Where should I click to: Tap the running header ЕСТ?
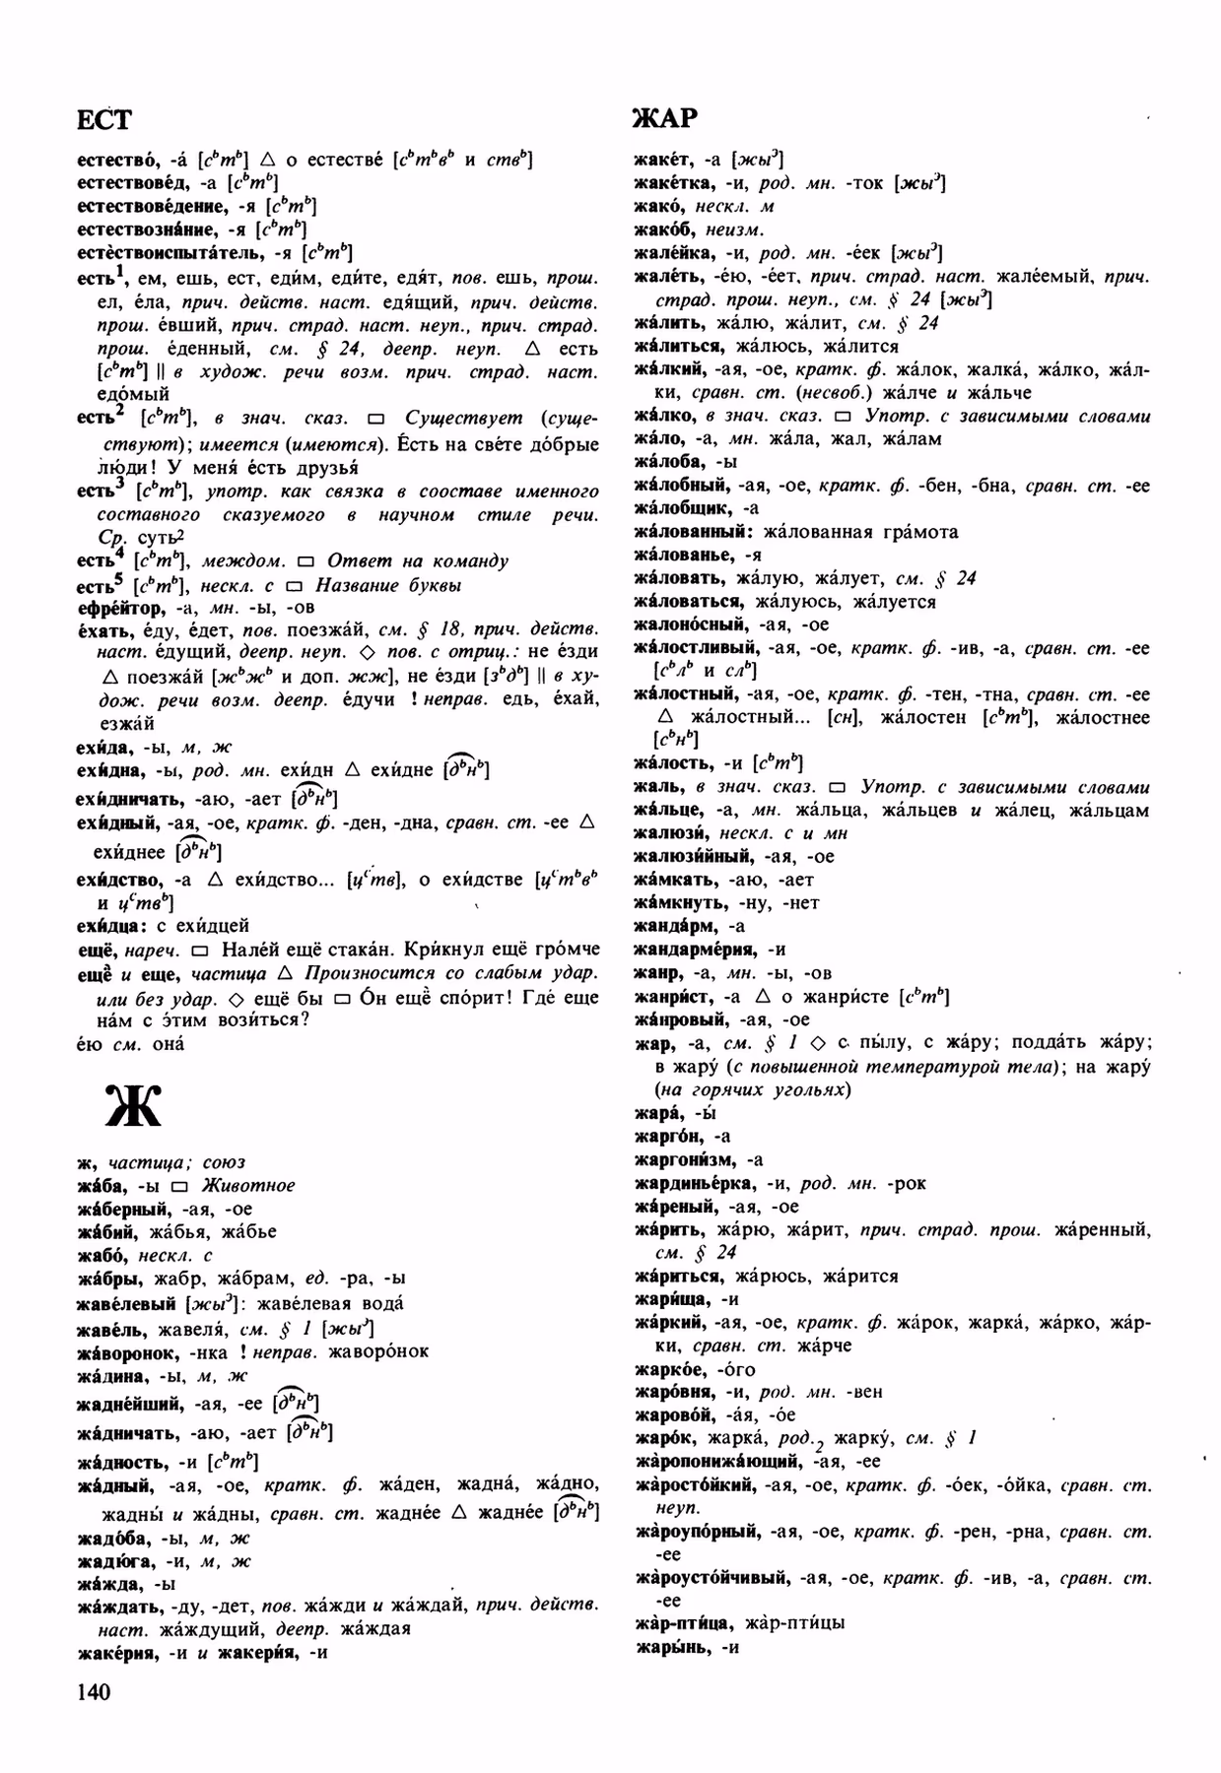pos(103,118)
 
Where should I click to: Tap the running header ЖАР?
pos(666,118)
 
